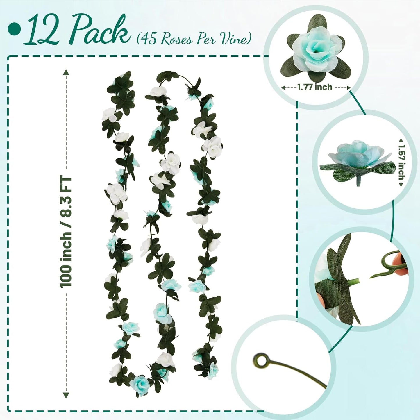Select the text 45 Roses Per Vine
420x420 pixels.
click(194, 38)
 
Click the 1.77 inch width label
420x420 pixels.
click(315, 87)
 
